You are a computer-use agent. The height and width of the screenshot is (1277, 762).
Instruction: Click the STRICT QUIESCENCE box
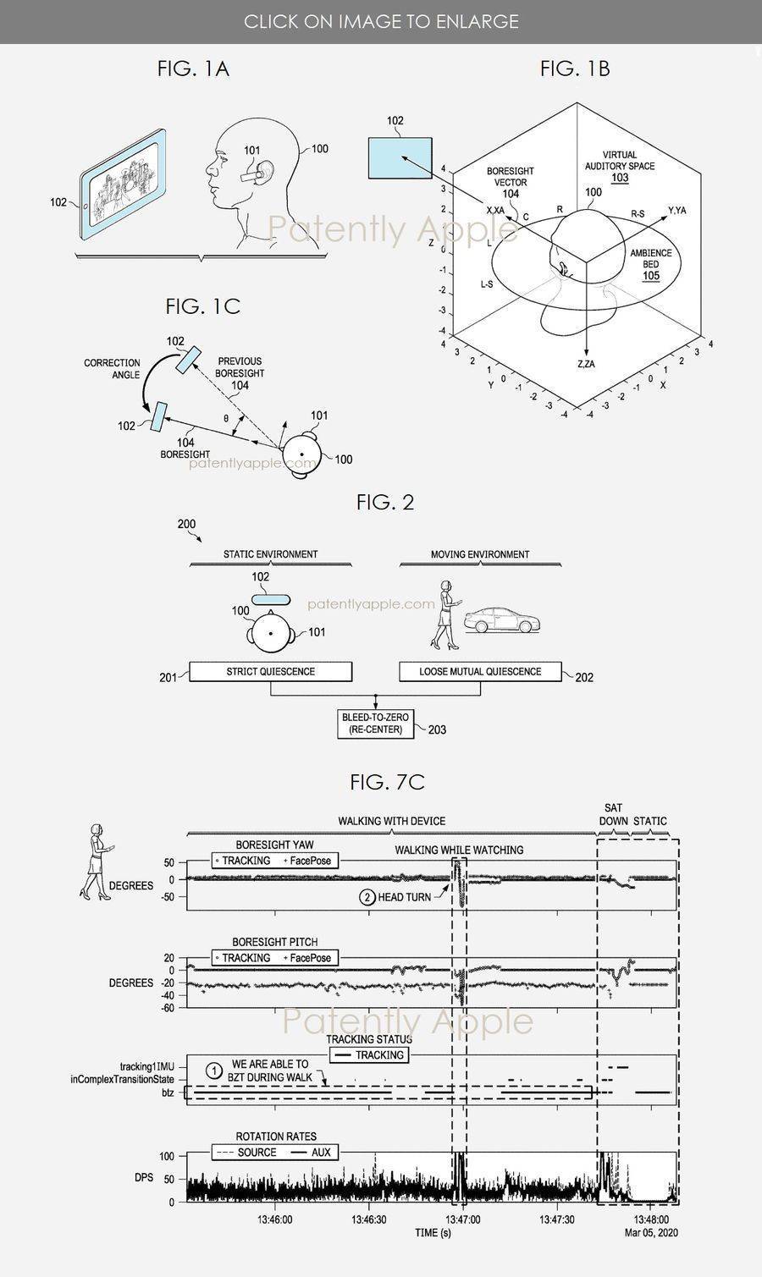click(x=270, y=672)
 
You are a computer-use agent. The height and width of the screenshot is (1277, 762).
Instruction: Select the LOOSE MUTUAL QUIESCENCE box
click(x=480, y=672)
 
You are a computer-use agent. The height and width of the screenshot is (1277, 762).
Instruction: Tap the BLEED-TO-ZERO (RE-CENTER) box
click(x=375, y=724)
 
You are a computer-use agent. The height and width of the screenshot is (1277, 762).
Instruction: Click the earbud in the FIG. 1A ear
click(x=256, y=173)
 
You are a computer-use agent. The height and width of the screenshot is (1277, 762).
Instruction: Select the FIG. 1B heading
click(x=575, y=69)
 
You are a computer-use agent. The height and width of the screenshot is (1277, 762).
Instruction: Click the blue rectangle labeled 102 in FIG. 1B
click(x=400, y=158)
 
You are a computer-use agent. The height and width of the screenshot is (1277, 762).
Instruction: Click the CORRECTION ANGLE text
click(x=112, y=369)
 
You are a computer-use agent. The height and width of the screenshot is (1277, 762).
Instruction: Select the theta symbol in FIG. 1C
click(x=226, y=418)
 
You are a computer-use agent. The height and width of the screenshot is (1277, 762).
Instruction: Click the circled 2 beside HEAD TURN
click(x=367, y=897)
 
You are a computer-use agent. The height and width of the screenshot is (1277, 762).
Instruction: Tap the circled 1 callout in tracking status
click(x=214, y=1071)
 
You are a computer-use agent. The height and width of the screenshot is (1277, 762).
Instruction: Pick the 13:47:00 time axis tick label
click(x=462, y=1220)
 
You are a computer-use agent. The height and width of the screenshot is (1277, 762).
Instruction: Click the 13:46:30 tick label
click(x=369, y=1220)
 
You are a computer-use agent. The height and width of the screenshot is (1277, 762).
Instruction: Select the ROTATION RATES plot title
click(x=276, y=1137)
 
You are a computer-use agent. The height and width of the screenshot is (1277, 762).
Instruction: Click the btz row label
click(x=168, y=1093)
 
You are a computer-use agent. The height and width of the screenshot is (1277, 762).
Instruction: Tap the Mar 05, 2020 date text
click(x=651, y=1232)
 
